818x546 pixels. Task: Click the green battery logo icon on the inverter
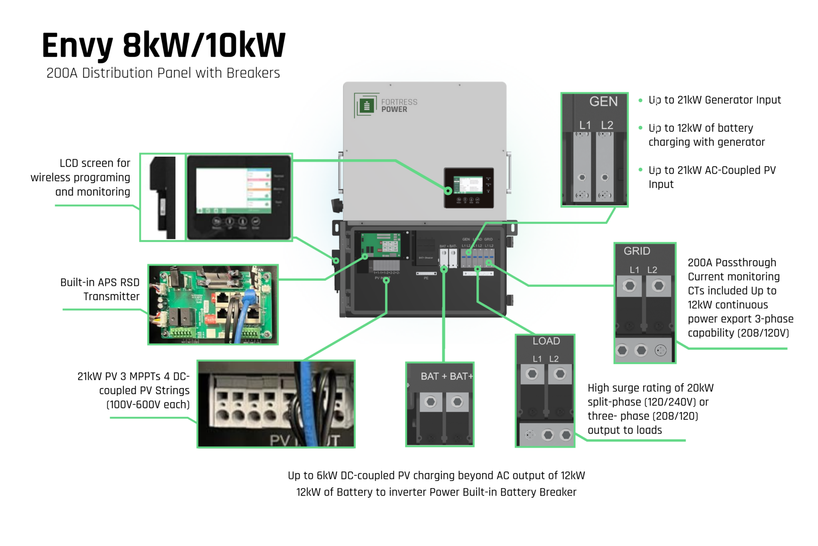click(x=367, y=106)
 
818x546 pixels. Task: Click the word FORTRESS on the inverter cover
click(x=399, y=102)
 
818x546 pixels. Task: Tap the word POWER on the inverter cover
click(x=394, y=110)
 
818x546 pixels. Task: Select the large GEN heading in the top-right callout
click(x=603, y=102)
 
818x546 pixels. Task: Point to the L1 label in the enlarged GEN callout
click(x=585, y=125)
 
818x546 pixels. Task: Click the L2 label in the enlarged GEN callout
click(x=607, y=125)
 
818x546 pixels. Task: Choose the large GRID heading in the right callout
click(x=637, y=251)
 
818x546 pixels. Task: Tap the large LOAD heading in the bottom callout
click(x=546, y=341)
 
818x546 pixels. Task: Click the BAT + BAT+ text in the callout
click(x=446, y=376)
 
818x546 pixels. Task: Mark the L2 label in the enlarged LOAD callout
click(x=554, y=359)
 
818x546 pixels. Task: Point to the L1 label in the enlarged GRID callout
click(x=634, y=270)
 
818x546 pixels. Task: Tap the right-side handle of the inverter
click(x=509, y=172)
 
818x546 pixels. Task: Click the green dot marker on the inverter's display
click(x=448, y=191)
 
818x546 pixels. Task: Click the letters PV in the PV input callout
click(x=280, y=440)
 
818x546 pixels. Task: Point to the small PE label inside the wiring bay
click(x=426, y=278)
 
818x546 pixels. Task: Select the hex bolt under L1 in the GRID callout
click(x=629, y=286)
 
